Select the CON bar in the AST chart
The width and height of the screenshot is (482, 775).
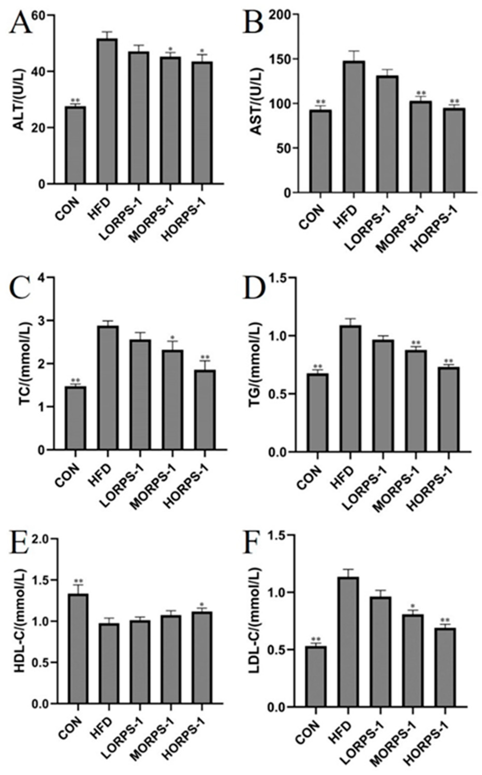321,151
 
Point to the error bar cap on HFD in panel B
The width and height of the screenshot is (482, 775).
354,51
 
